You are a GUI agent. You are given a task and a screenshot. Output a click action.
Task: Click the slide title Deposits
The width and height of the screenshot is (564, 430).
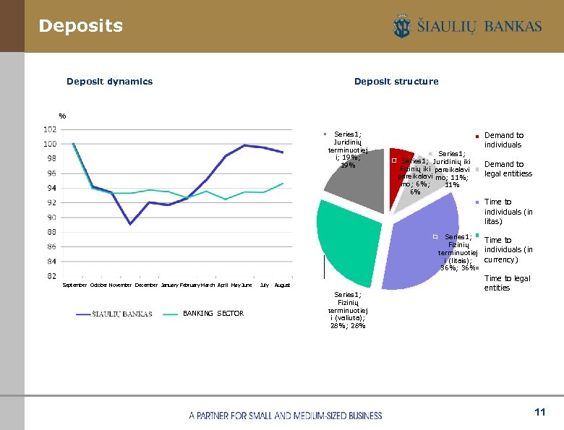[x=80, y=26]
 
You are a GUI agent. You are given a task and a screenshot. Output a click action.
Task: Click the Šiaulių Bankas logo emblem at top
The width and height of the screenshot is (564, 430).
[x=401, y=27]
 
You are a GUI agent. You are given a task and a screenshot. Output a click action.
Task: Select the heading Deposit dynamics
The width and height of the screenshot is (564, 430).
[x=109, y=82]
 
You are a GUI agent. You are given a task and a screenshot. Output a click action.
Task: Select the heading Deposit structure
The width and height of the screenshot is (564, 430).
[x=396, y=82]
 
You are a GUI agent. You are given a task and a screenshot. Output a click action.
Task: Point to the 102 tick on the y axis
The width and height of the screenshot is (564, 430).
[x=50, y=129]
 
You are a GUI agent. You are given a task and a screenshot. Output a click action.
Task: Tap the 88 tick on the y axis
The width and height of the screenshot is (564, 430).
[x=51, y=232]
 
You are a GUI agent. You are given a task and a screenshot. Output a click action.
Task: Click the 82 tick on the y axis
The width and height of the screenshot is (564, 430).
[x=51, y=276]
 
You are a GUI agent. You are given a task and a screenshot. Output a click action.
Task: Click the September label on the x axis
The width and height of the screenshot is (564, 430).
[x=74, y=285]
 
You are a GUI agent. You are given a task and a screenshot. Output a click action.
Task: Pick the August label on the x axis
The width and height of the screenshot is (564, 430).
[x=282, y=285]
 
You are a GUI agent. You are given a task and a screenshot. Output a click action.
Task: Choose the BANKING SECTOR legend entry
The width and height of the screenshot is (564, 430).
[x=213, y=314]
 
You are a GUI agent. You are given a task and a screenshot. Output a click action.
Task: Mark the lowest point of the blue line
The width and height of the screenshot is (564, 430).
[x=130, y=224]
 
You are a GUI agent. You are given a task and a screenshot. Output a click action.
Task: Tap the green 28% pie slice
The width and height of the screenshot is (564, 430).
[x=351, y=242]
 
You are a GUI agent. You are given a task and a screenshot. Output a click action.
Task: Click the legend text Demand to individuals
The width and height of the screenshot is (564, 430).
[x=504, y=140]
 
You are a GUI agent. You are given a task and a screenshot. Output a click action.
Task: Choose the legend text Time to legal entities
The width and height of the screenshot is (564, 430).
[x=507, y=283]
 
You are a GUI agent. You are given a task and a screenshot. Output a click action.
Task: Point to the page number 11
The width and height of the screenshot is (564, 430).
[x=539, y=412]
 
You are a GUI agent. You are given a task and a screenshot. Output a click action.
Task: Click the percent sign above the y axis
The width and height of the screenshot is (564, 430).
[x=63, y=116]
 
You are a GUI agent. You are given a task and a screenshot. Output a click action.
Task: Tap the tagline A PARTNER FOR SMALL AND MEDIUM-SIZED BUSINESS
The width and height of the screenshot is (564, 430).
[x=285, y=416]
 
